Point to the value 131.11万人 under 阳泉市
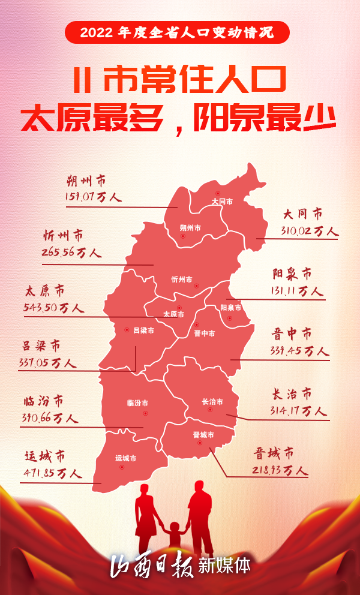pyautogui.click(x=297, y=292)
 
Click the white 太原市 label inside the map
pyautogui.click(x=174, y=314)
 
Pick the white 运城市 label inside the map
pyautogui.click(x=125, y=458)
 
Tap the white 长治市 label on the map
pyautogui.click(x=212, y=402)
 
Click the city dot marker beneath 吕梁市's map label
pyautogui.click(x=127, y=329)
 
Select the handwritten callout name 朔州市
pyautogui.click(x=85, y=180)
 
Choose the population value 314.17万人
pyautogui.click(x=298, y=411)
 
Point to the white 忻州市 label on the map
pyautogui.click(x=181, y=280)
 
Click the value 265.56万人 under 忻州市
pyautogui.click(x=71, y=253)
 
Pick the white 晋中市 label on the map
pyautogui.click(x=205, y=333)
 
